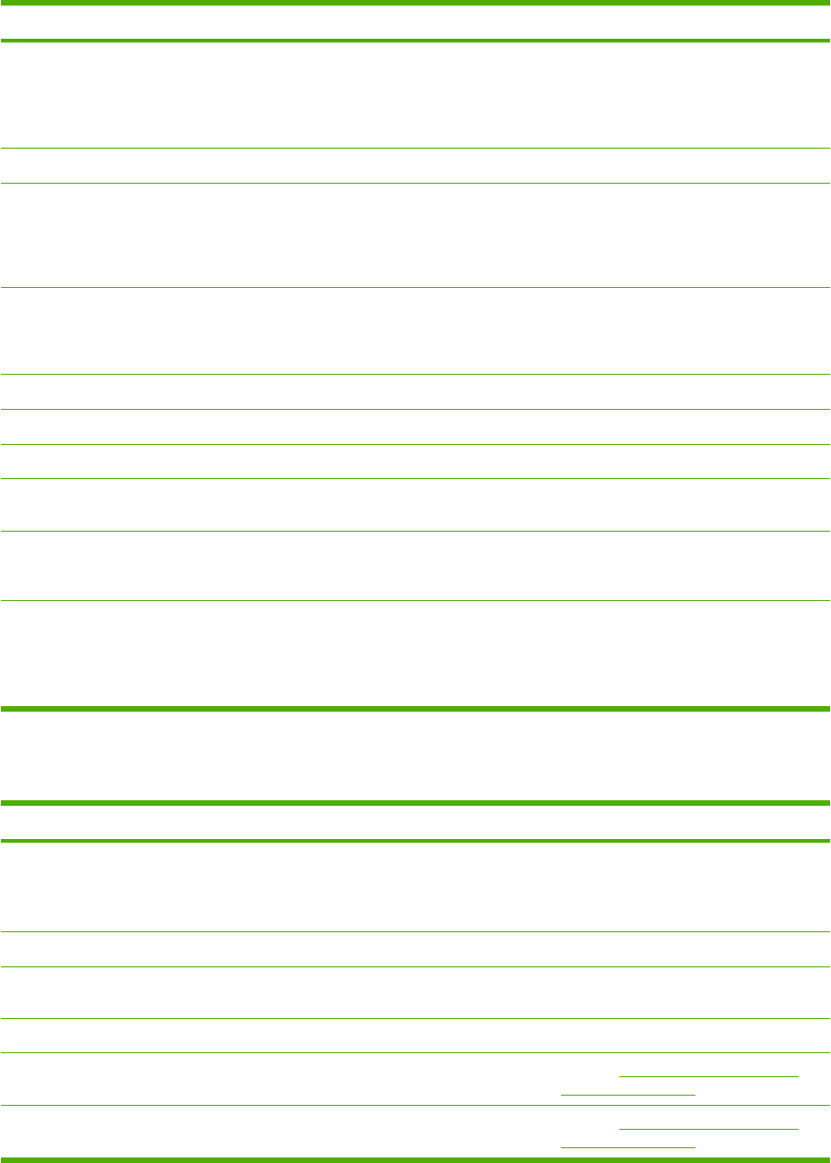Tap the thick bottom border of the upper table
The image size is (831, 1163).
pyautogui.click(x=415, y=709)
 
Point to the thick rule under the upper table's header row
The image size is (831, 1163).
pyautogui.click(x=415, y=41)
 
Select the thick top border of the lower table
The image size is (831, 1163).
pyautogui.click(x=415, y=803)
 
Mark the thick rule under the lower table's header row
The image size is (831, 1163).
pyautogui.click(x=415, y=841)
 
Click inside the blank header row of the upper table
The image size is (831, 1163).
pyautogui.click(x=415, y=22)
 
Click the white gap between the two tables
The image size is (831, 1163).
pyautogui.click(x=415, y=756)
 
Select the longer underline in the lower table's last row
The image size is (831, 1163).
pyautogui.click(x=708, y=1128)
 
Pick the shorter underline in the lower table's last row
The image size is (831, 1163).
pyautogui.click(x=627, y=1146)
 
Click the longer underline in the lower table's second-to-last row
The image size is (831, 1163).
pyautogui.click(x=708, y=1075)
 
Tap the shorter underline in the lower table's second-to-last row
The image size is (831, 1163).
pyautogui.click(x=627, y=1094)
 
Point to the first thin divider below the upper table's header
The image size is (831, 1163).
pyautogui.click(x=415, y=148)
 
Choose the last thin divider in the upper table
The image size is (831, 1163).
pyautogui.click(x=415, y=601)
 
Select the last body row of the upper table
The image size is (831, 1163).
pyautogui.click(x=415, y=653)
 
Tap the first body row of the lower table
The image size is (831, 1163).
pyautogui.click(x=415, y=886)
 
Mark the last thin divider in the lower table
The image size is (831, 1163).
pyautogui.click(x=415, y=1105)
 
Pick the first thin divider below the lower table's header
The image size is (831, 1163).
pyautogui.click(x=415, y=931)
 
